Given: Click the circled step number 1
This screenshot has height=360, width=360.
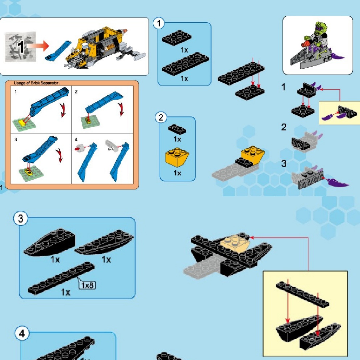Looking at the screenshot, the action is tap(159, 23).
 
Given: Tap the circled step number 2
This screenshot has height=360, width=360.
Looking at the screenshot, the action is tap(161, 117).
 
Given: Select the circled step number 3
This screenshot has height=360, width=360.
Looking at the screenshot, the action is tap(21, 218).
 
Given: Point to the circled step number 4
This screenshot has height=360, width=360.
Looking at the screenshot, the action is tap(22, 333).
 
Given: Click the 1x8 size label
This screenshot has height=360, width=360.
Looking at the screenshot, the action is tap(87, 285).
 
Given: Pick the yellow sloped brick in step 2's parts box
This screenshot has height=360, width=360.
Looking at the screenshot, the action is tap(177, 157).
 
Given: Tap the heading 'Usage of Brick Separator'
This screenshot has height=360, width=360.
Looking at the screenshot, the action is tap(36, 83).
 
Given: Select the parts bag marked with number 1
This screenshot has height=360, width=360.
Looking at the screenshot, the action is tap(20, 47).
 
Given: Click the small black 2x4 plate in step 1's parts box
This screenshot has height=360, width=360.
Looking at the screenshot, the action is tap(177, 38).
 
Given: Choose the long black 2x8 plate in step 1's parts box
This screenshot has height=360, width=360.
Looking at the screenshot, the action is tap(186, 64).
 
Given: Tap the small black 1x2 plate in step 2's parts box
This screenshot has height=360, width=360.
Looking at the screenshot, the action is tap(177, 129).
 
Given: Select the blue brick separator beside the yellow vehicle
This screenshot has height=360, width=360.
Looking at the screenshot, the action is tap(58, 51).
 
